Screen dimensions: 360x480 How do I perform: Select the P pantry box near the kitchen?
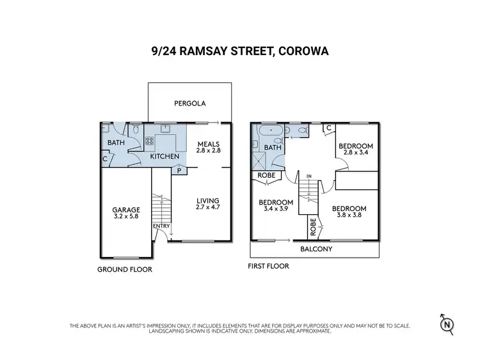[x=179, y=171]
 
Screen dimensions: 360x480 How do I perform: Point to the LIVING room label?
[x=206, y=199]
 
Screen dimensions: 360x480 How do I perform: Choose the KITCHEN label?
[x=164, y=156]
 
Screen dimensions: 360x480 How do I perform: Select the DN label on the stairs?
[x=308, y=176]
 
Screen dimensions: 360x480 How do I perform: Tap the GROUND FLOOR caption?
[x=125, y=269]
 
